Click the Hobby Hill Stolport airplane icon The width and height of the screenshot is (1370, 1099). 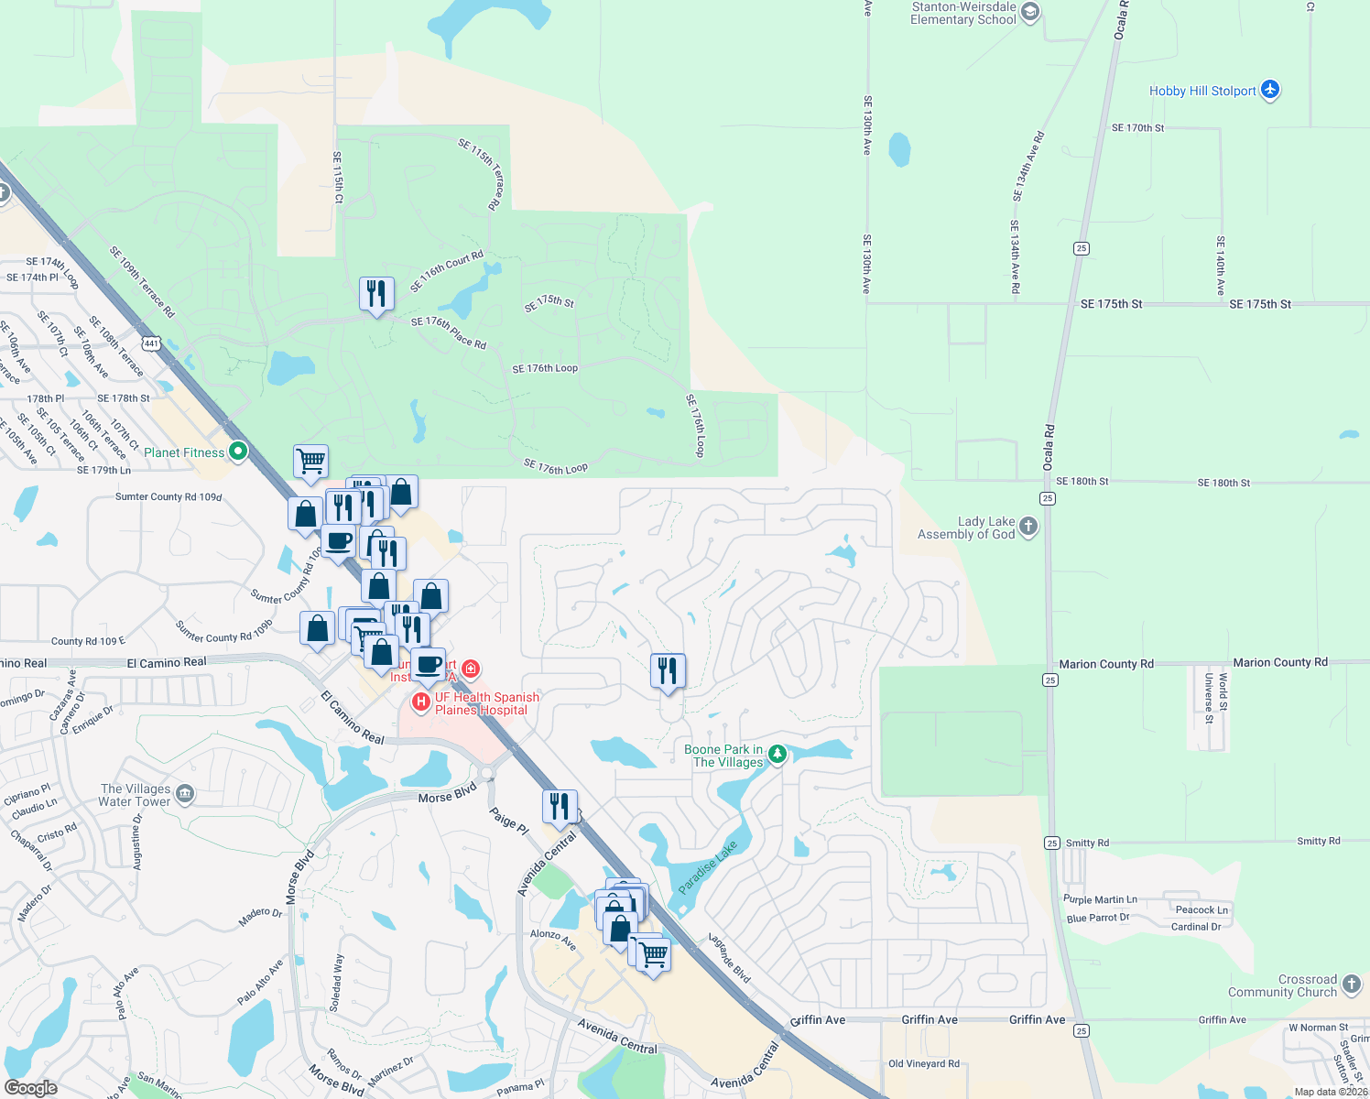[x=1269, y=90]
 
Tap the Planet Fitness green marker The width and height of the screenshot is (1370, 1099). [x=238, y=452]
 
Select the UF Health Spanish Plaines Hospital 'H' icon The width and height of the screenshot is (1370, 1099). [x=421, y=702]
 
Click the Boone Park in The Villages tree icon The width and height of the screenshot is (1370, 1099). [x=777, y=755]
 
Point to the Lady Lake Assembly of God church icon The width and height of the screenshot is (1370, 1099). [x=1028, y=526]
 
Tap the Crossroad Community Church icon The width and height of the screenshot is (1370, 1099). [x=1352, y=985]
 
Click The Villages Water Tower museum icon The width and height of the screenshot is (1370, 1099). [x=185, y=793]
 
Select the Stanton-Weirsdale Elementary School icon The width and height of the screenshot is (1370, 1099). [x=1030, y=12]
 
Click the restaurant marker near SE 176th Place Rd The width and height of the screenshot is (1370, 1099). [x=376, y=295]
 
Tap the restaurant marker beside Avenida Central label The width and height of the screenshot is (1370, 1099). [x=560, y=807]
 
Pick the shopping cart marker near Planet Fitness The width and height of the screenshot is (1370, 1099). [x=310, y=462]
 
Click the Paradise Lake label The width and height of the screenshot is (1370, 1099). [x=707, y=868]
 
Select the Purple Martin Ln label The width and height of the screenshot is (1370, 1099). [x=1100, y=899]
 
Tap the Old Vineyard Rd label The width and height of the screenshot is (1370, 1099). [x=924, y=1063]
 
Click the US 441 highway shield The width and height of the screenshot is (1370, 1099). [x=151, y=343]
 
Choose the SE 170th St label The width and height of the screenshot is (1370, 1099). [x=1137, y=128]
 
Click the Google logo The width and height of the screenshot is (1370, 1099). [x=30, y=1088]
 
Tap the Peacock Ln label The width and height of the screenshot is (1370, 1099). [x=1201, y=909]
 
